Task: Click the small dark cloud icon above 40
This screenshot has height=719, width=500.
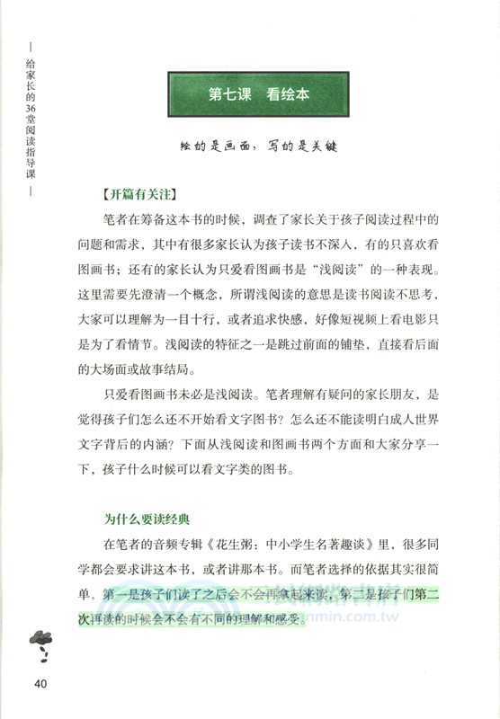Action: (39, 639)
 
